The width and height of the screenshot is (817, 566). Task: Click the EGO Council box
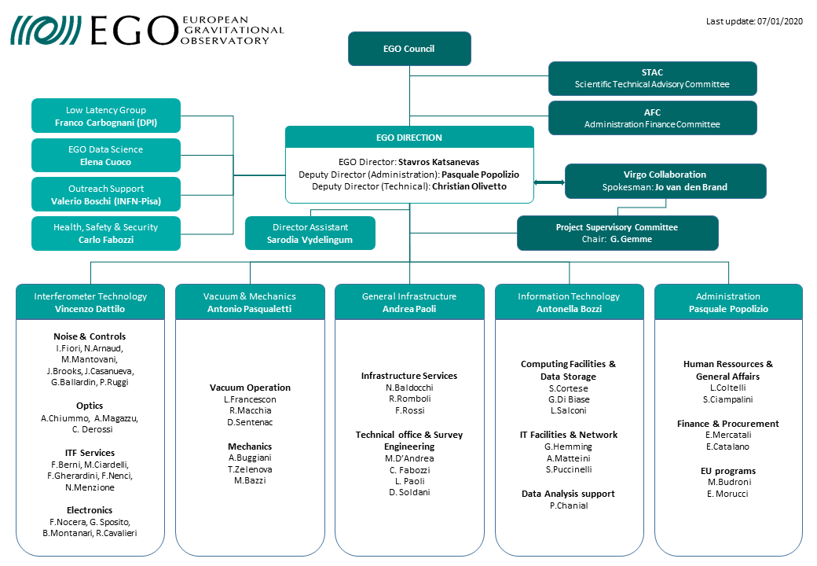coord(409,49)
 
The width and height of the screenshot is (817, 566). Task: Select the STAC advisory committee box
coord(652,78)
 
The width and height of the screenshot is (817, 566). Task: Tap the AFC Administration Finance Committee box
coord(652,118)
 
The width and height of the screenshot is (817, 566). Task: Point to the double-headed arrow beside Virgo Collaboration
coord(549,182)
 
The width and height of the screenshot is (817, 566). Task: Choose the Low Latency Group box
coord(106,116)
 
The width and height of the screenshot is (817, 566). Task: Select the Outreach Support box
coord(106,194)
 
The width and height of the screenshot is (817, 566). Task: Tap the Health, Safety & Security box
coord(106,233)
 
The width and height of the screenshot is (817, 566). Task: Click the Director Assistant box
coord(310,233)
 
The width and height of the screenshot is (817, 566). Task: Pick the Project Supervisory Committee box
coord(617,233)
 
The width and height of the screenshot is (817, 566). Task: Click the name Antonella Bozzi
coord(569,309)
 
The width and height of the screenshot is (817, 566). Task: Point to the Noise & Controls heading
coord(90,336)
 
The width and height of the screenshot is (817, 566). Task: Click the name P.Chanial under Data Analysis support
coord(569,505)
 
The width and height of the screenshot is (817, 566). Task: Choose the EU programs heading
coord(728,471)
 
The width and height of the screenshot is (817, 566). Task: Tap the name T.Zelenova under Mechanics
coord(249,469)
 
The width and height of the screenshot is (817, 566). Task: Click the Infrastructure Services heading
coord(408,376)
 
